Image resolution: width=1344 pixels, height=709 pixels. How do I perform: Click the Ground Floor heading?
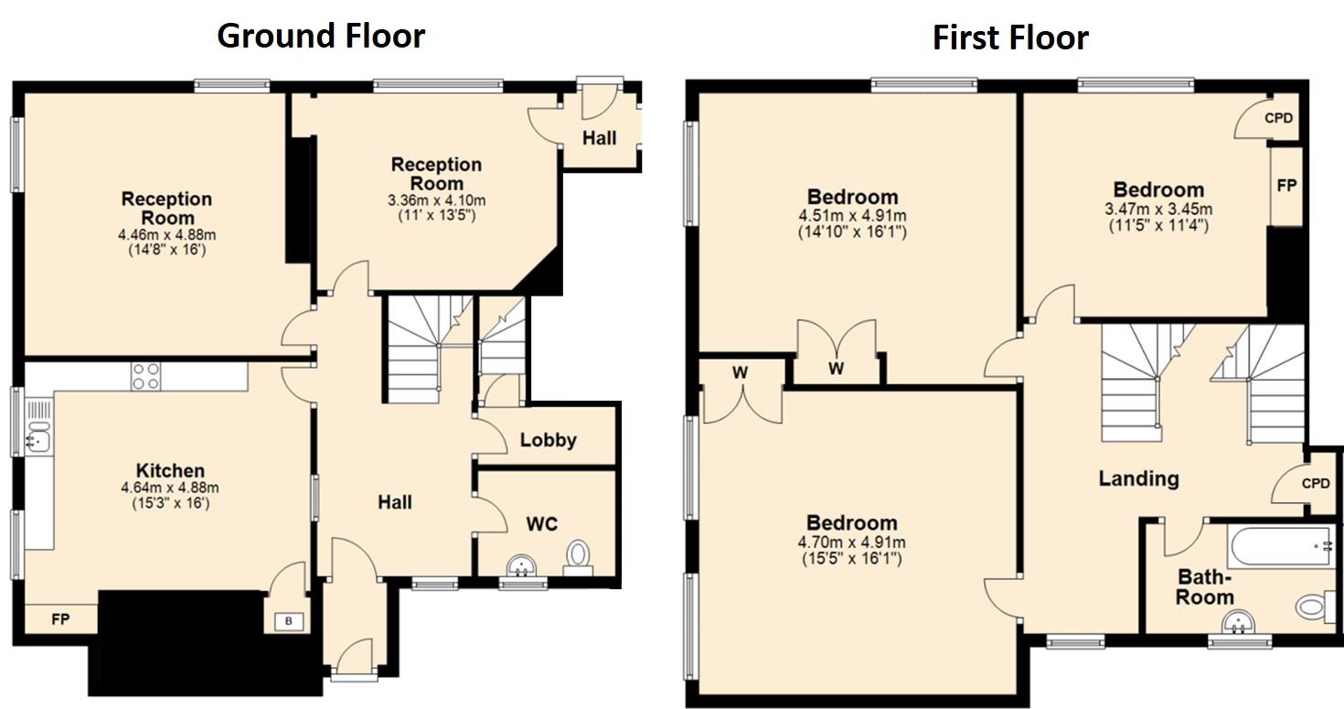click(x=321, y=36)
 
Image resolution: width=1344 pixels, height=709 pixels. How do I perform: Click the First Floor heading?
click(x=1009, y=38)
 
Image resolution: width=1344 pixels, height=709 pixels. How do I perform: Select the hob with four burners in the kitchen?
click(x=146, y=376)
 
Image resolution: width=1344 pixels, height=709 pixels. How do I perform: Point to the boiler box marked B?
click(x=289, y=622)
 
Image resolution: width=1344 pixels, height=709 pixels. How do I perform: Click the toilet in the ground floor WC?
click(x=578, y=554)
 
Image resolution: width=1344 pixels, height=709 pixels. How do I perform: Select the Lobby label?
click(x=548, y=440)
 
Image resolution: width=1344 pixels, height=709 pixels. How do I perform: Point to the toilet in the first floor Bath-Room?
click(x=1315, y=607)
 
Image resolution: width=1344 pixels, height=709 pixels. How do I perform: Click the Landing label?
click(x=1138, y=478)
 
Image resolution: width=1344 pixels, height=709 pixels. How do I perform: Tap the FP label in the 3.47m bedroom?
click(x=1285, y=185)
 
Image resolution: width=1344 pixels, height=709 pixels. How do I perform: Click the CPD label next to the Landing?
click(x=1315, y=483)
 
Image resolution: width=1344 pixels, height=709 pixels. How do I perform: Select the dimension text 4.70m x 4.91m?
click(x=849, y=542)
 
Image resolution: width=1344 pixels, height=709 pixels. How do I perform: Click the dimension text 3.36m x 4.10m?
click(x=437, y=200)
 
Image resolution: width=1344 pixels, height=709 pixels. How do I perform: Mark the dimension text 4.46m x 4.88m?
click(x=166, y=234)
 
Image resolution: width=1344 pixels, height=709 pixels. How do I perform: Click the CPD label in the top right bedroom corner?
click(x=1279, y=118)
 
